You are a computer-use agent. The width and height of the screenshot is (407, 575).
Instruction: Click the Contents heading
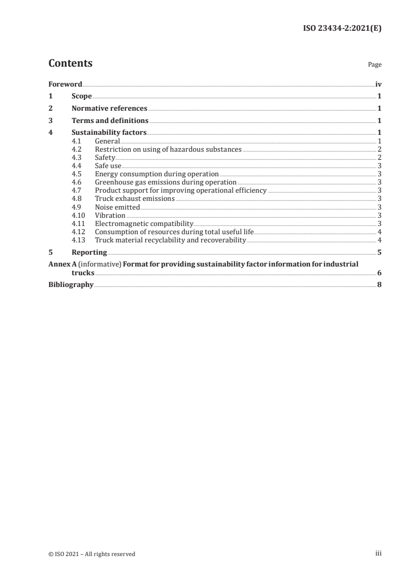70,64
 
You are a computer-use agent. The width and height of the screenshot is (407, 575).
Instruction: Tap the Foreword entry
65,84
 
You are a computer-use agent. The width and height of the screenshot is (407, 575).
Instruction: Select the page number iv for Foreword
378,84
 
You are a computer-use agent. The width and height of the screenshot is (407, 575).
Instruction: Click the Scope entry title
82,96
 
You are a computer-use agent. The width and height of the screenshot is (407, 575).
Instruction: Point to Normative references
109,109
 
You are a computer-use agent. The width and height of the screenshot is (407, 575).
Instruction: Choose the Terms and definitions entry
110,121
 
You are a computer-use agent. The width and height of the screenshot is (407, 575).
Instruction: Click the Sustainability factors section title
109,133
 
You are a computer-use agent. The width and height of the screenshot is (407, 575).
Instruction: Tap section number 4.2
76,149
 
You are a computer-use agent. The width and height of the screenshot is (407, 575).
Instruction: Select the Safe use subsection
108,166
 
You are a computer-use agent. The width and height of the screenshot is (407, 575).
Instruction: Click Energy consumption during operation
157,174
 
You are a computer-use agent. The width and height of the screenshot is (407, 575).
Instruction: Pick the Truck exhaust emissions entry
135,199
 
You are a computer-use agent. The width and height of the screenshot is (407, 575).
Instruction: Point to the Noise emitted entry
118,207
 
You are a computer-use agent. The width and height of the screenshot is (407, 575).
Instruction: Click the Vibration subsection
110,215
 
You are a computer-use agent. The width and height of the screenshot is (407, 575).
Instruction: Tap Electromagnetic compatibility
144,223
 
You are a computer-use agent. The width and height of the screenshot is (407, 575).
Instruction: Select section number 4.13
78,240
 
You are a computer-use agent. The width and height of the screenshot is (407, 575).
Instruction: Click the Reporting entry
89,252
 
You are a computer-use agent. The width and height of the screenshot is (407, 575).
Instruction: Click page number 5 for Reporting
379,252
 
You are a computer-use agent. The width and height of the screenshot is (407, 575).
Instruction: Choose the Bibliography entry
71,284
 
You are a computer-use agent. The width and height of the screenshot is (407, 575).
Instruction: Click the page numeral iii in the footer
379,553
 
